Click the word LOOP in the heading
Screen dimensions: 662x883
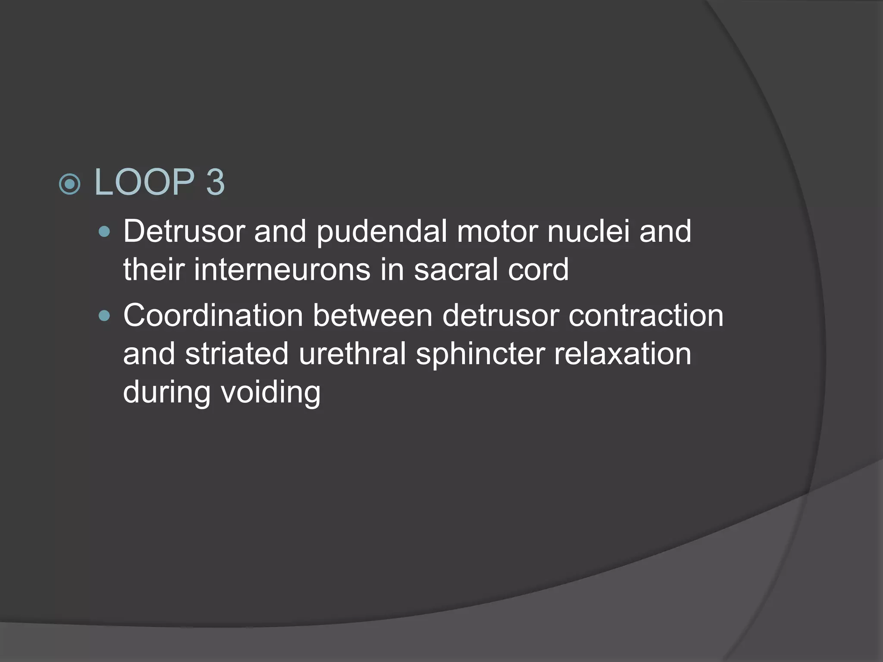(x=144, y=183)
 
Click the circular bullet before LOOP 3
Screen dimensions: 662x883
(x=69, y=185)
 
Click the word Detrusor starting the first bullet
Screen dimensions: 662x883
(x=184, y=231)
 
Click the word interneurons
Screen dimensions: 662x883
(x=282, y=269)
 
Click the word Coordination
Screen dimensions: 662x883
(x=213, y=316)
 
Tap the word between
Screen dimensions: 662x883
(x=373, y=316)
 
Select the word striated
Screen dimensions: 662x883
(x=237, y=354)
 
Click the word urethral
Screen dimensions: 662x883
(x=352, y=354)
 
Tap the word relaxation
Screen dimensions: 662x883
(x=623, y=354)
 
